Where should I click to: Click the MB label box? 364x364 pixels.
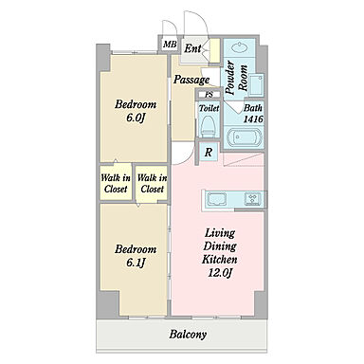click(x=170, y=45)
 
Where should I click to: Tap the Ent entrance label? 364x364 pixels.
click(x=192, y=48)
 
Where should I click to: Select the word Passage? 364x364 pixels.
click(x=191, y=80)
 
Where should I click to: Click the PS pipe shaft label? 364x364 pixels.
click(x=209, y=94)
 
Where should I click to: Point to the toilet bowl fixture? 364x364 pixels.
click(x=208, y=125)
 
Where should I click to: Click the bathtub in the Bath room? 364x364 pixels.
click(x=244, y=137)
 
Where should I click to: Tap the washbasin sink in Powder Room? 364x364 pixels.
click(x=239, y=48)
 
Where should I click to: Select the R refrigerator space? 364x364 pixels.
click(x=209, y=153)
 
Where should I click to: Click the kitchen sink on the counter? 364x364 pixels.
click(x=216, y=200)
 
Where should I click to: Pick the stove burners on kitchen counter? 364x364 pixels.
click(x=253, y=199)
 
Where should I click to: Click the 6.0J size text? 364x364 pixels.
click(x=136, y=118)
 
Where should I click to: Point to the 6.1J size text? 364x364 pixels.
click(x=136, y=263)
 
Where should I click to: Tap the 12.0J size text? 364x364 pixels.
click(x=220, y=272)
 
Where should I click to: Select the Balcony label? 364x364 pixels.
click(x=188, y=335)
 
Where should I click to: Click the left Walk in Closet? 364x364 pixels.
click(x=116, y=183)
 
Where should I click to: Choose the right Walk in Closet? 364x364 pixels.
click(x=153, y=183)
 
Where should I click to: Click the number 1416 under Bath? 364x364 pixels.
click(x=253, y=119)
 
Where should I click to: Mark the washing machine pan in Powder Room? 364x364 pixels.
click(x=256, y=85)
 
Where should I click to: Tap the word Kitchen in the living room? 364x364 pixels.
click(x=220, y=260)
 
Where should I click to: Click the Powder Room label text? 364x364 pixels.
click(x=236, y=78)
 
